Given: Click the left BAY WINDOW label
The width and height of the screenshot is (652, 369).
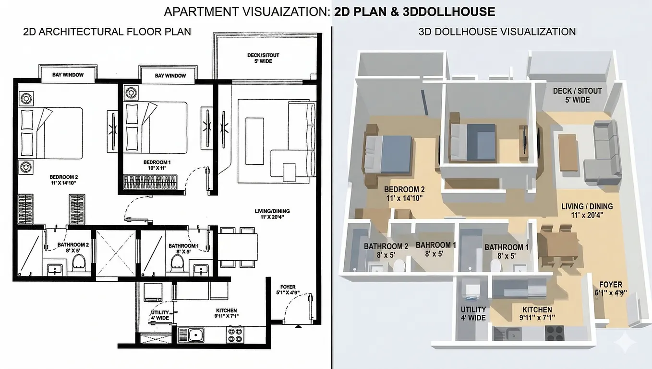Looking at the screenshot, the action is tap(68, 75).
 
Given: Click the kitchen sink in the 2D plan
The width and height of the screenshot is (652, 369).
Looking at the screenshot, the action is tap(191, 335).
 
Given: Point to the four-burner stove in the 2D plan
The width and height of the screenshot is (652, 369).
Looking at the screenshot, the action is tap(235, 335).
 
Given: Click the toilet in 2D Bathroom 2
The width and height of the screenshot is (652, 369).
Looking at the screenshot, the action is tap(79, 263).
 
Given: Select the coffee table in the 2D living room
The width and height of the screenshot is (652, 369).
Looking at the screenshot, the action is tap(254, 141).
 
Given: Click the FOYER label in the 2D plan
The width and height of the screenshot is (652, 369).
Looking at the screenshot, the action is tap(288, 287).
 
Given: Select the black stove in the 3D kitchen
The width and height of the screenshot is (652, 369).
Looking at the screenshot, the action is tap(555, 333).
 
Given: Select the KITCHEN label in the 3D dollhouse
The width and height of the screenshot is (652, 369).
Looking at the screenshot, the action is tap(537, 310).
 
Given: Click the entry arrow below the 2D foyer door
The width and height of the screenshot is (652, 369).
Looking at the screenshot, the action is tap(298, 326).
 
